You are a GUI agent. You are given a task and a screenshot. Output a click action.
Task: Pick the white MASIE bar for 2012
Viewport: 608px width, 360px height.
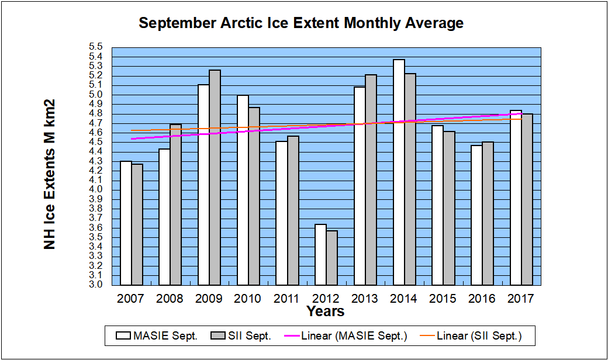[x=320, y=254]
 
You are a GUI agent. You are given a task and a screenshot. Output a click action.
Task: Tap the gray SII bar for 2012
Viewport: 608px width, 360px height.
[x=331, y=258]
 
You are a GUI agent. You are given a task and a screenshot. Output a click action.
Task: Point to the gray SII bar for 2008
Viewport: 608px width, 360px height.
[x=176, y=205]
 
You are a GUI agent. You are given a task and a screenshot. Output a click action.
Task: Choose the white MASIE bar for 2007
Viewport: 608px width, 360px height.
[x=126, y=223]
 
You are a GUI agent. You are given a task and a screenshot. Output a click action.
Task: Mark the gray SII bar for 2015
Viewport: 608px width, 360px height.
[x=448, y=208]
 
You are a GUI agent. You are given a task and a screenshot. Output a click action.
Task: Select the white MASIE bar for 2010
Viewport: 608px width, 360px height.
[x=243, y=190]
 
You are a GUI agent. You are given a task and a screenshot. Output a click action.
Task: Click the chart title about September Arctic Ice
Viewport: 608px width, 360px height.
[x=301, y=23]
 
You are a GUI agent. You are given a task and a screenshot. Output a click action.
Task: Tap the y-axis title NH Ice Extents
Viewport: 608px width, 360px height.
[x=50, y=174]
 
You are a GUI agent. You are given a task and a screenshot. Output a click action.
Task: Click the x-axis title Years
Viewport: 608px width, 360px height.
[x=326, y=311]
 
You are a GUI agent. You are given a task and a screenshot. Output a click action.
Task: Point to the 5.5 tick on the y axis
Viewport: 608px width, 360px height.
[x=96, y=47]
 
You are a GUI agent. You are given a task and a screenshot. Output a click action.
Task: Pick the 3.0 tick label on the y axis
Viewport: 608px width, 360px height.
[x=96, y=285]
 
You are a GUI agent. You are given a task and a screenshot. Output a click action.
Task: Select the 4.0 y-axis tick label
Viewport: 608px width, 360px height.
[x=96, y=189]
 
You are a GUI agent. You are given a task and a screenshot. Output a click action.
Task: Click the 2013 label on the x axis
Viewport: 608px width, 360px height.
[x=365, y=299]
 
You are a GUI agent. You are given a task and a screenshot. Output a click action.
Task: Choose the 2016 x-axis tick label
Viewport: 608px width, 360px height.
[x=482, y=299]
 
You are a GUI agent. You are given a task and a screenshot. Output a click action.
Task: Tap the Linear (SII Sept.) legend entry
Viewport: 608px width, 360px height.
[x=479, y=336]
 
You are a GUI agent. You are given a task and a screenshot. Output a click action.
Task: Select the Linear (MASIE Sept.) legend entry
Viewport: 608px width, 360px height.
[x=354, y=336]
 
